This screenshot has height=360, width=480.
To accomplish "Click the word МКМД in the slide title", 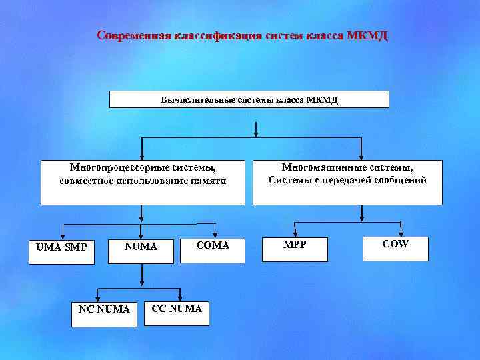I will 367,35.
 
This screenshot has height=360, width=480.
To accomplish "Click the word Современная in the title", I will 134,35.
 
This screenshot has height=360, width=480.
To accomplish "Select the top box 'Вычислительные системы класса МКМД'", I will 249,99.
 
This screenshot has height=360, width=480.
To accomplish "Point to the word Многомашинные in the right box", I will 313,168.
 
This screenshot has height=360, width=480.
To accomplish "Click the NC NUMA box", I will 104,309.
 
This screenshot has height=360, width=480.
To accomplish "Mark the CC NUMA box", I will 177,308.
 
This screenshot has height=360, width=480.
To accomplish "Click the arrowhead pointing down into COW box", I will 401,231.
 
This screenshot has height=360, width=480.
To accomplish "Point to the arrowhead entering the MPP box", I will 295,231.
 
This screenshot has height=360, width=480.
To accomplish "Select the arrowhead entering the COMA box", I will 213,233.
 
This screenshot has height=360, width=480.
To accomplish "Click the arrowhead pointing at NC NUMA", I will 98,295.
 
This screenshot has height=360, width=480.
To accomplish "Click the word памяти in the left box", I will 211,181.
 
